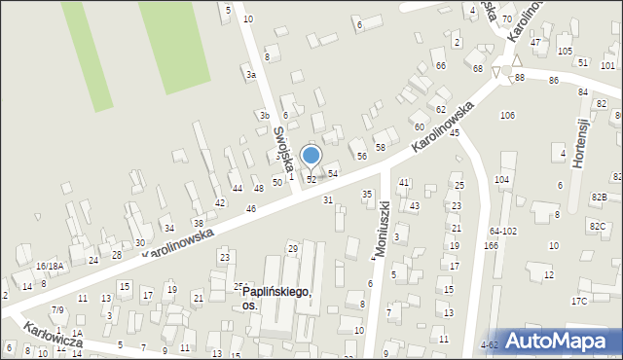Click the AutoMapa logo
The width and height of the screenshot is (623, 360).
coord(558,341)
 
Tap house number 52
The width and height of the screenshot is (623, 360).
coord(311,180)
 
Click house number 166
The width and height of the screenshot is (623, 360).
coord(491,246)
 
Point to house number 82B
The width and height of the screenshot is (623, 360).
coord(598,198)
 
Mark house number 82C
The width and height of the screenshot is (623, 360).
coord(598,226)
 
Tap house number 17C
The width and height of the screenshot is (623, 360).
coord(579,301)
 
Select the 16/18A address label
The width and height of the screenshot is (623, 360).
coord(50,266)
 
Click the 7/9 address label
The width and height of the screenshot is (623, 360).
coord(58,309)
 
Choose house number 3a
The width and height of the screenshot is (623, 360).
coord(250,75)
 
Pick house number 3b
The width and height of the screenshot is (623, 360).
coord(264,115)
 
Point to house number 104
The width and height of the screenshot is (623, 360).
coord(501,180)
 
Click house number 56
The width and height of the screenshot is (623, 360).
coord(361,156)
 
